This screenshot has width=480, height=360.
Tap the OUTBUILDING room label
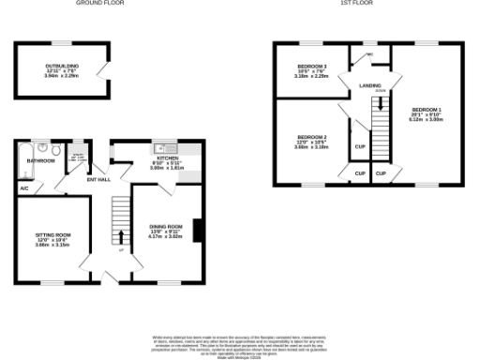click(62, 66)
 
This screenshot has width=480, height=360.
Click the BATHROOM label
click(40, 160)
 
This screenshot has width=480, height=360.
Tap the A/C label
click(23, 187)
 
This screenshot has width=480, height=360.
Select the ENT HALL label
click(97, 179)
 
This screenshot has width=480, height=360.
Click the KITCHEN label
click(167, 158)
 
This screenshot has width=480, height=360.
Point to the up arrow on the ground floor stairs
click(120, 237)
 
